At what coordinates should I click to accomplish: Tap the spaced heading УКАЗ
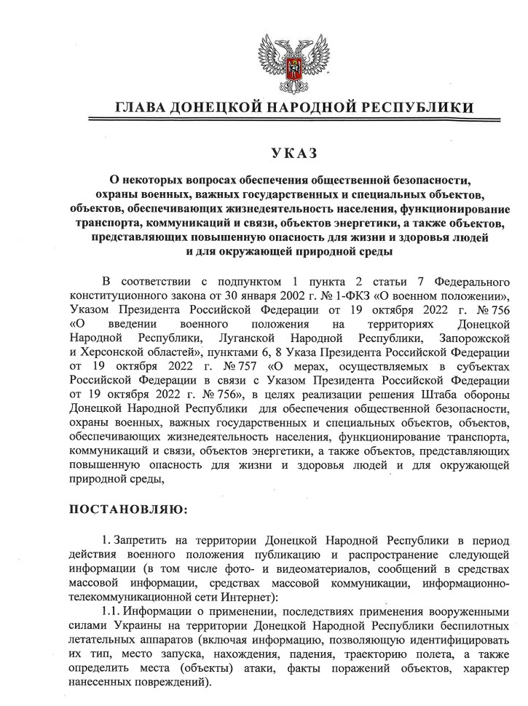(294, 154)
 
